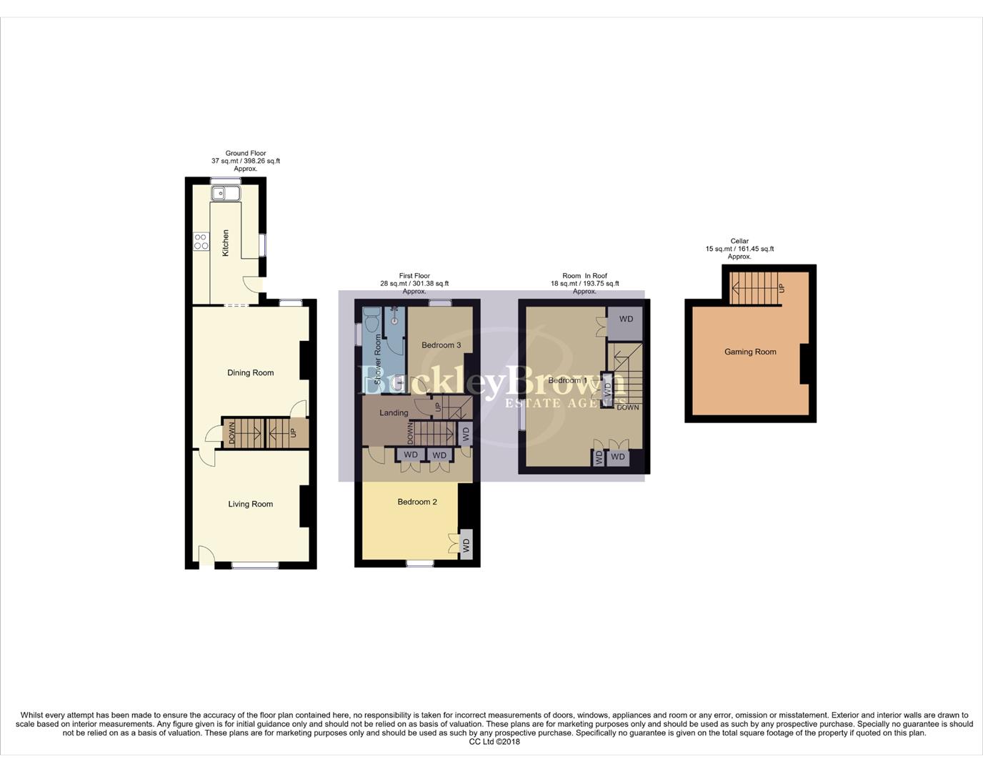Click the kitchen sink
point(226,193)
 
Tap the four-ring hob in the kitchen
point(201,242)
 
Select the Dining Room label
point(250,372)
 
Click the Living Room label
point(250,504)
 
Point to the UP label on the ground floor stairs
point(293,432)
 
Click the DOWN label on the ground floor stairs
point(231,433)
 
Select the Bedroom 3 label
point(441,345)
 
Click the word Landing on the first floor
point(394,412)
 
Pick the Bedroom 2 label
point(417,502)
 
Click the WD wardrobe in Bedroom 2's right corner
point(466,545)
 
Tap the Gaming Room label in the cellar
point(750,352)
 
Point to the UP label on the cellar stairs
point(781,288)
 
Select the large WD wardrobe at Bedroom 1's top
point(626,320)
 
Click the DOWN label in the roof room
point(628,407)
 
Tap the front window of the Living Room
point(255,565)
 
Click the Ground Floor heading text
point(246,153)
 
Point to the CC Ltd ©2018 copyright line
point(494,741)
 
